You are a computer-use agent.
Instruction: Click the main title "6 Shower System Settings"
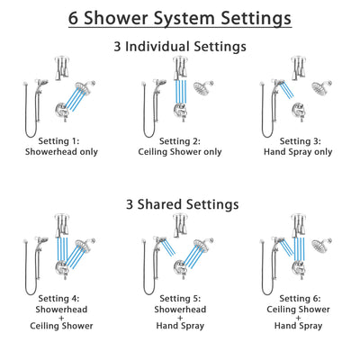180,18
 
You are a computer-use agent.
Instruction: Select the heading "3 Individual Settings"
180,45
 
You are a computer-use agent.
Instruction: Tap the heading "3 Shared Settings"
180,204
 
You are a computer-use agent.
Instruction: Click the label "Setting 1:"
58,140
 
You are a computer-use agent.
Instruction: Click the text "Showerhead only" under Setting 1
58,152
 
